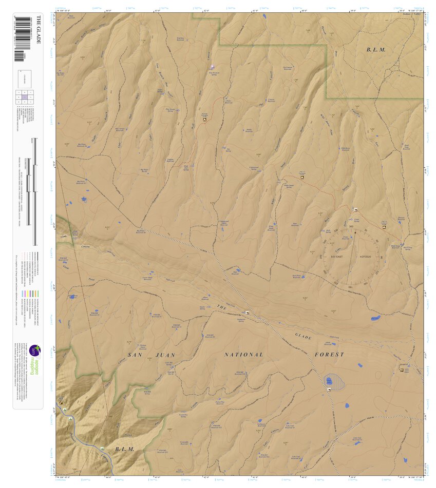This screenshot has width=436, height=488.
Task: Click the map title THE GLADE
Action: pyautogui.click(x=38, y=32)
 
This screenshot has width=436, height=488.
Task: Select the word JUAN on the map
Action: pyautogui.click(x=166, y=355)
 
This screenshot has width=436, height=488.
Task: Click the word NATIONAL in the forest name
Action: pyautogui.click(x=244, y=355)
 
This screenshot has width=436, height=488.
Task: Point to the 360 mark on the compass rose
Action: pyautogui.click(x=351, y=226)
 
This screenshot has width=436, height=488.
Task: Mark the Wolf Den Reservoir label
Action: pyautogui.click(x=180, y=38)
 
